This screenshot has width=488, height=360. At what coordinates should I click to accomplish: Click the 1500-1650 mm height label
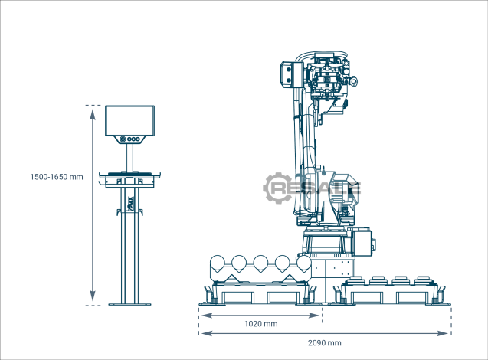(57, 177)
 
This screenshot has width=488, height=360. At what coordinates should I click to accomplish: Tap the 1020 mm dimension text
(260, 324)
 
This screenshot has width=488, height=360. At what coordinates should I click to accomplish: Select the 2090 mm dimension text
(325, 343)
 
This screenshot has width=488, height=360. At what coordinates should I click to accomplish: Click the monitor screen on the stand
(129, 121)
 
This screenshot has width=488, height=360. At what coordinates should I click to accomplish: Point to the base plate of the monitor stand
(129, 304)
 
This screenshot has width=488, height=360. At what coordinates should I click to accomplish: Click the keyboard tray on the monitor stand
(129, 180)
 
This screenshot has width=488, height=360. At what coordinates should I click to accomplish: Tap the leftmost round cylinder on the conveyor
(218, 263)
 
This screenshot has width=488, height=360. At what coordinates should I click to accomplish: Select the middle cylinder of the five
(260, 263)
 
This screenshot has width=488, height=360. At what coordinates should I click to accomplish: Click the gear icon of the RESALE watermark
(277, 188)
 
